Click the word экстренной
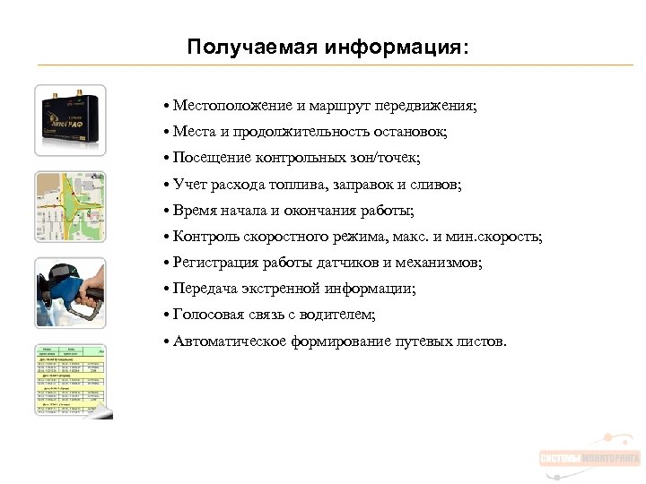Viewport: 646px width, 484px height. point(285,289)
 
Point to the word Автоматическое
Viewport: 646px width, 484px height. point(230,341)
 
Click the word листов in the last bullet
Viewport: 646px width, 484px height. point(481,341)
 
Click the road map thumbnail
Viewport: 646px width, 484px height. point(71,207)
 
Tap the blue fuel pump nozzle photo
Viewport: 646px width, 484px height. point(71,293)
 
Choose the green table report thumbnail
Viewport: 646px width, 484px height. point(71,380)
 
